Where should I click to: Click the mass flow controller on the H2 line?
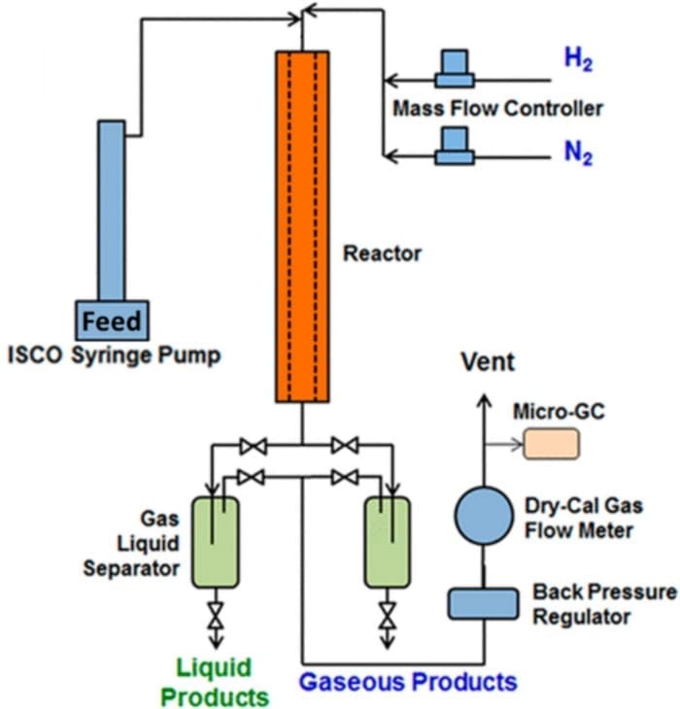455,67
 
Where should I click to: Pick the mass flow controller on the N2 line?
455,147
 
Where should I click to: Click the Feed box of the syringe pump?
111,320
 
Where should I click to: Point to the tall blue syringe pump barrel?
111,209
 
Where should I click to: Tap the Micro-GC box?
551,444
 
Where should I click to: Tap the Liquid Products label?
214,682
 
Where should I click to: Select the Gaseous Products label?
407,681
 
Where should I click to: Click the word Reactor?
383,254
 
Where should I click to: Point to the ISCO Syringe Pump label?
112,355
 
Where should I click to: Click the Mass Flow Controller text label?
497,108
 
